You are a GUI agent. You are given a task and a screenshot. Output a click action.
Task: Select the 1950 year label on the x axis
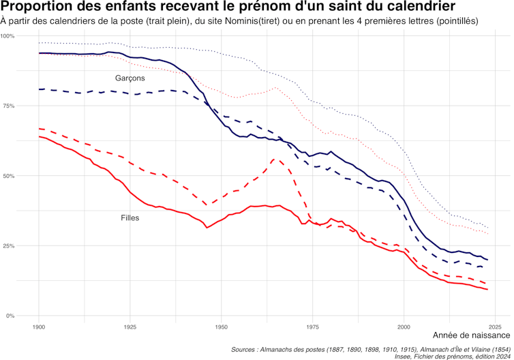point(221,327)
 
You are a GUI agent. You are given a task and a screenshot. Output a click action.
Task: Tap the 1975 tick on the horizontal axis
point(313,327)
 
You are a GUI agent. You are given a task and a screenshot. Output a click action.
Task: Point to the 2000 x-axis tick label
point(404,327)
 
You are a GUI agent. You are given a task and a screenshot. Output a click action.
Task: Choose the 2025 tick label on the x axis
point(496,327)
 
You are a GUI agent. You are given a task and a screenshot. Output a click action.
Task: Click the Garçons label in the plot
point(130,78)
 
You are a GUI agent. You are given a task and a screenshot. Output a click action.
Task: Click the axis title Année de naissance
point(471,336)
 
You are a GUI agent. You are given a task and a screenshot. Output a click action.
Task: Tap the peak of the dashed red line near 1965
point(274,160)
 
